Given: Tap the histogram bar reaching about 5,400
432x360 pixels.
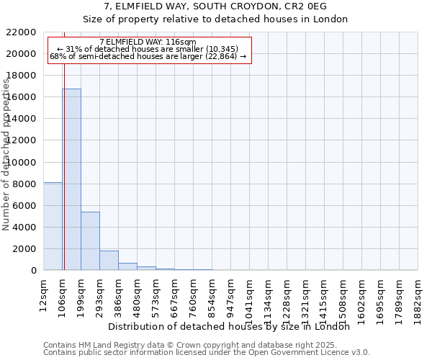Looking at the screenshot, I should (90, 241).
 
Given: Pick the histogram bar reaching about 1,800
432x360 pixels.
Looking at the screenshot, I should (109, 261).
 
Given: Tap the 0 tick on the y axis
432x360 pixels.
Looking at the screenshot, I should (33, 271).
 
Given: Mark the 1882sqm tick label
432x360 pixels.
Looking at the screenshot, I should (418, 292).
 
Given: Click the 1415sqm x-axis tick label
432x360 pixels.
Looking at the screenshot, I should (324, 292).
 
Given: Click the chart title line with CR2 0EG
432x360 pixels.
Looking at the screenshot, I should (216, 7).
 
